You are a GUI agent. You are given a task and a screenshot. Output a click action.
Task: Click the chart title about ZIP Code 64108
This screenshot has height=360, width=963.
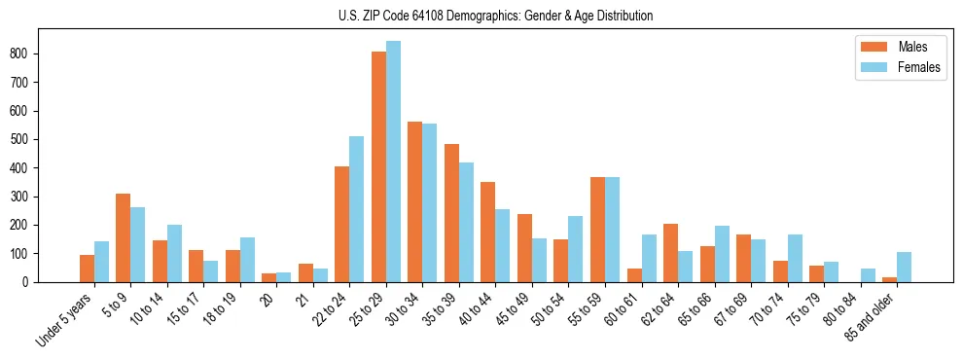click(x=481, y=16)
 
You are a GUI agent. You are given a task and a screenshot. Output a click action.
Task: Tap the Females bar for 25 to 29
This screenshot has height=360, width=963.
click(x=393, y=162)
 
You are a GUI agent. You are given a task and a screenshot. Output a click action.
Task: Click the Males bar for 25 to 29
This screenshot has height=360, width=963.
click(x=378, y=166)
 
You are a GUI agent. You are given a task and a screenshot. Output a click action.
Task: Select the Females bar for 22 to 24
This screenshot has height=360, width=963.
click(x=357, y=209)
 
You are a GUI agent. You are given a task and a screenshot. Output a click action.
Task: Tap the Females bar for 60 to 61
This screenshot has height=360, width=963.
click(x=649, y=258)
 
